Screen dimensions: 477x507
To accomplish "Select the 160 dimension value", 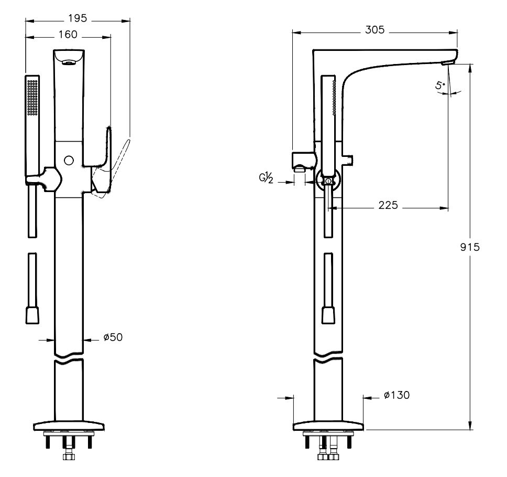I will click(68, 35).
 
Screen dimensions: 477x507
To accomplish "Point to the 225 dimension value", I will click(388, 205).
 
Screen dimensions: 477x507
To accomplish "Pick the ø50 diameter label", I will click(113, 337).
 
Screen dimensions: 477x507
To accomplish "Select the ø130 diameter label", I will click(396, 395).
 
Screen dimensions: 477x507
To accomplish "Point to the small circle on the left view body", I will click(68, 160).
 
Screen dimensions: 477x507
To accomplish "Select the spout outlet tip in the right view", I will click(448, 63).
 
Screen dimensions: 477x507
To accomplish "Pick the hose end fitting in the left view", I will click(32, 315).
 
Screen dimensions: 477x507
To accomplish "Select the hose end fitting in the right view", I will click(328, 315).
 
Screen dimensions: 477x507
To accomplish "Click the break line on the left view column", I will click(69, 361).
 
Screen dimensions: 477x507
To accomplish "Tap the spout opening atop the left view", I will click(68, 62).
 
